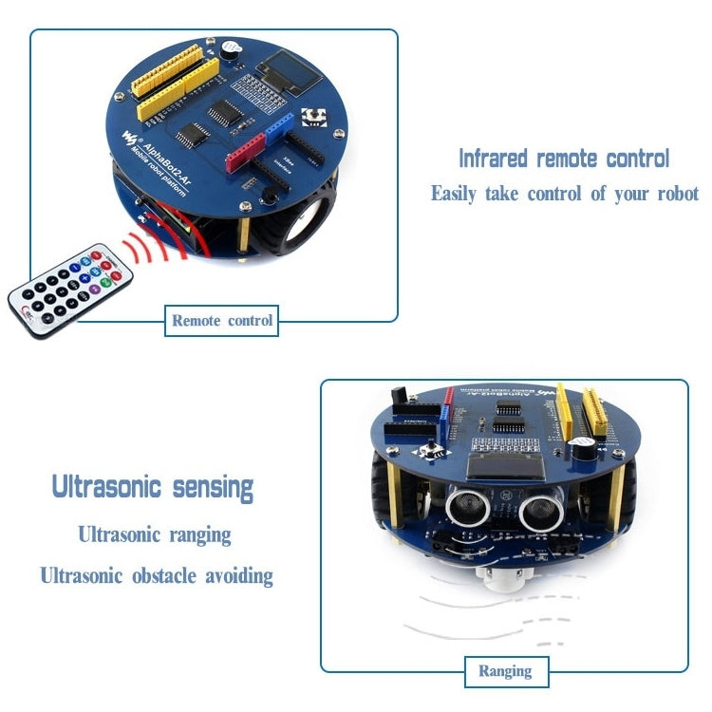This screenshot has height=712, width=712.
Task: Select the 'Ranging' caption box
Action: (x=504, y=671)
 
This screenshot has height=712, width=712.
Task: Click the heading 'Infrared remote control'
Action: (x=564, y=158)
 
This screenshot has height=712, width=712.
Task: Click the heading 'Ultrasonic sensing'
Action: (x=153, y=488)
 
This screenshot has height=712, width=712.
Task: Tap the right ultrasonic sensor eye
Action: (x=536, y=514)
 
